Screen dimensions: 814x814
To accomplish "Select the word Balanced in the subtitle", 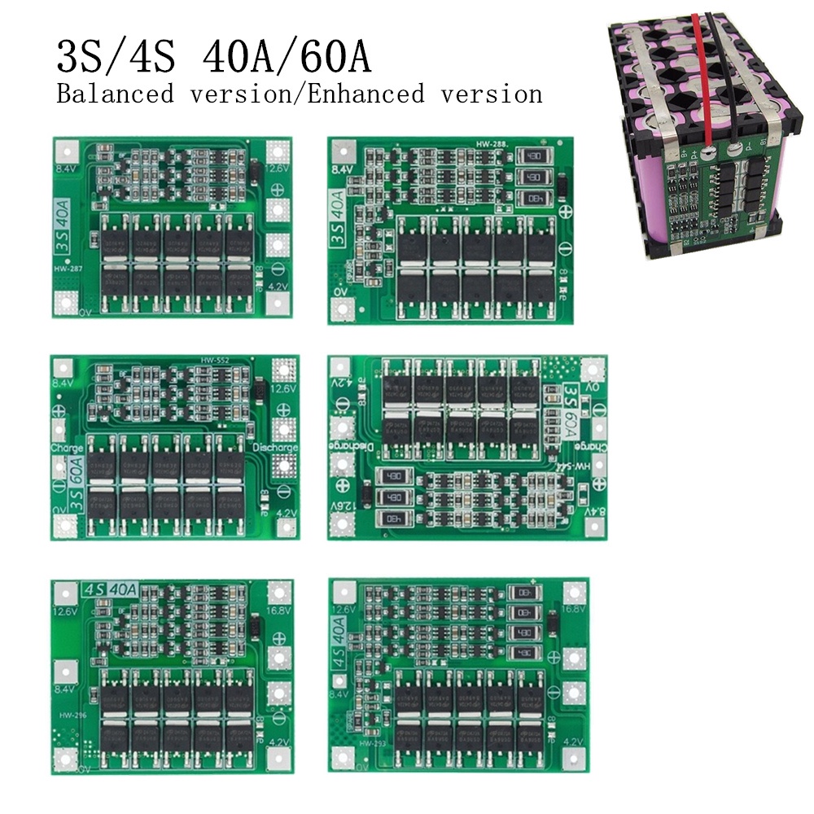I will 115,94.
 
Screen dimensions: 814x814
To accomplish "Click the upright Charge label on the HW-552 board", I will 68,448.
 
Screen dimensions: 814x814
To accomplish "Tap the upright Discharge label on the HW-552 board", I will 275,448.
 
